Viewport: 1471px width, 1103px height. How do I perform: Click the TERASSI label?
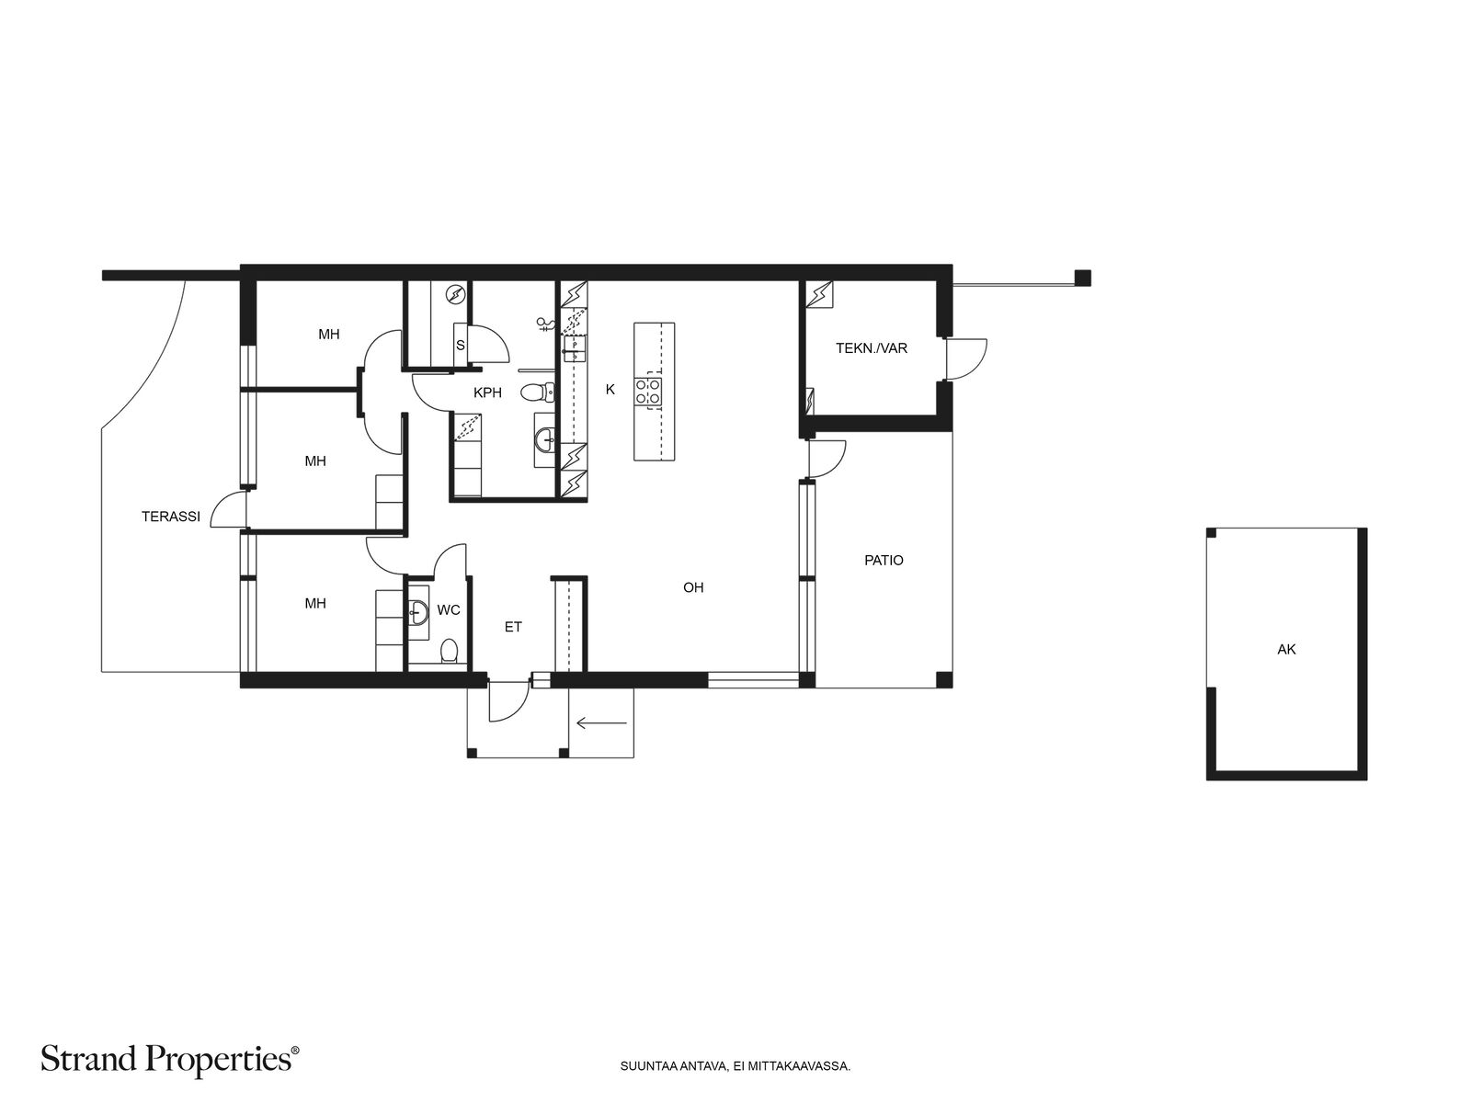click(170, 517)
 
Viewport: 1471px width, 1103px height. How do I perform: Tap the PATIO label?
click(884, 560)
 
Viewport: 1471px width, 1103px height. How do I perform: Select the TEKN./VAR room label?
click(872, 348)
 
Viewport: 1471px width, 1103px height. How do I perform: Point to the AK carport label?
click(1286, 649)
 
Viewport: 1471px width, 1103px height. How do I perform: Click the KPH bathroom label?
click(487, 392)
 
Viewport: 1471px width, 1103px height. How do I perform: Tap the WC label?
click(449, 610)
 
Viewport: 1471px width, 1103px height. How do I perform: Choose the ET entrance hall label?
click(513, 627)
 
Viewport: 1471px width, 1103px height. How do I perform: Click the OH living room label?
click(693, 587)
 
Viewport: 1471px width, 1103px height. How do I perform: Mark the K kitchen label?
click(610, 389)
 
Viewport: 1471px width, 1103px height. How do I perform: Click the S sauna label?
click(461, 346)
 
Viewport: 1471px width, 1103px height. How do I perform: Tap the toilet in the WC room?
click(449, 650)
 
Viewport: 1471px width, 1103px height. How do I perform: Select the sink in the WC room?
click(418, 610)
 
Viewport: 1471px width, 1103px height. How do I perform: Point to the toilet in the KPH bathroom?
click(537, 392)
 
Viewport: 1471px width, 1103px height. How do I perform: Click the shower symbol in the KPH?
click(545, 324)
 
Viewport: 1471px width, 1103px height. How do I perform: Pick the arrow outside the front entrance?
click(601, 722)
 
